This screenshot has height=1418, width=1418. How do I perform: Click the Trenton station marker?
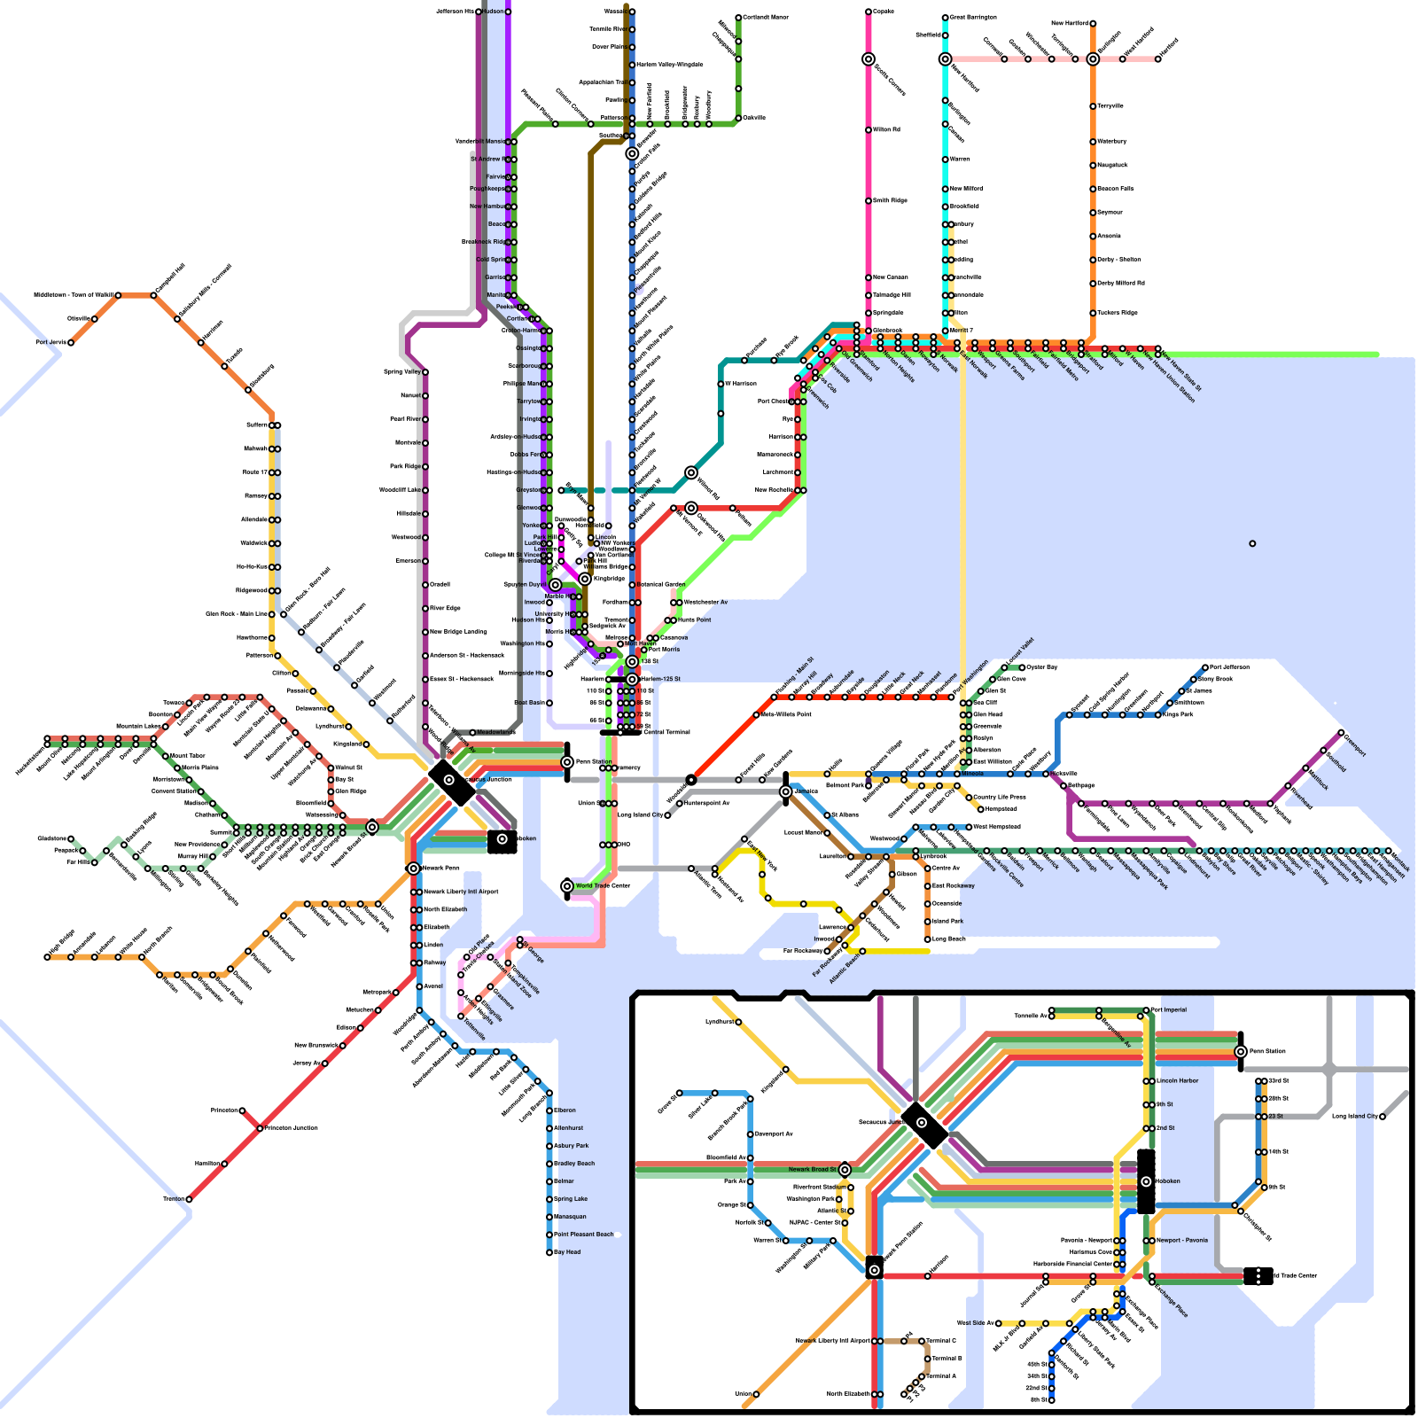pos(189,1199)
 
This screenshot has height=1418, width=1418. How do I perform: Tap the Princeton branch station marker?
pos(242,1110)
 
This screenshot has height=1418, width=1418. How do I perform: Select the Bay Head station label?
pos(567,1252)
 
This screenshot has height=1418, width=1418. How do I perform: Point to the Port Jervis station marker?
pos(71,342)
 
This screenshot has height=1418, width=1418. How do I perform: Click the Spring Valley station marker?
pos(425,372)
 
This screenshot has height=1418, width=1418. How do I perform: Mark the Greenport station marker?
pos(1341,733)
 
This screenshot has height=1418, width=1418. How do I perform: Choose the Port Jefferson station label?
pos(1229,666)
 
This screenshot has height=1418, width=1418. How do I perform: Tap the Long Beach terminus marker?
pos(928,939)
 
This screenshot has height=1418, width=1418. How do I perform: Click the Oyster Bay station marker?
pos(1022,667)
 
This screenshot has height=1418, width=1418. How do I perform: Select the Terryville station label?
pos(1110,105)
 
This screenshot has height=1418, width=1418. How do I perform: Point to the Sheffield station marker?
pos(946,35)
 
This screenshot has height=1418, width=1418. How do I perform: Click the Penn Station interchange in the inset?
pos(1241,1051)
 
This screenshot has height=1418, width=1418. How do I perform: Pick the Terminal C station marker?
pos(922,1341)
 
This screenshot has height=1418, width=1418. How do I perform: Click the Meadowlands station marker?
pos(472,733)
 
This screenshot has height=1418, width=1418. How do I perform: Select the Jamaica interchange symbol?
pos(785,791)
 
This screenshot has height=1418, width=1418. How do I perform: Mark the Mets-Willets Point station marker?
pos(756,714)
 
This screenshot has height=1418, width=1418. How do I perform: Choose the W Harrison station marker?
pos(721,384)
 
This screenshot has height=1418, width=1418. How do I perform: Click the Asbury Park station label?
pos(571,1146)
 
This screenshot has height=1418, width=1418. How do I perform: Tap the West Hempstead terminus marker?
pos(969,827)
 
